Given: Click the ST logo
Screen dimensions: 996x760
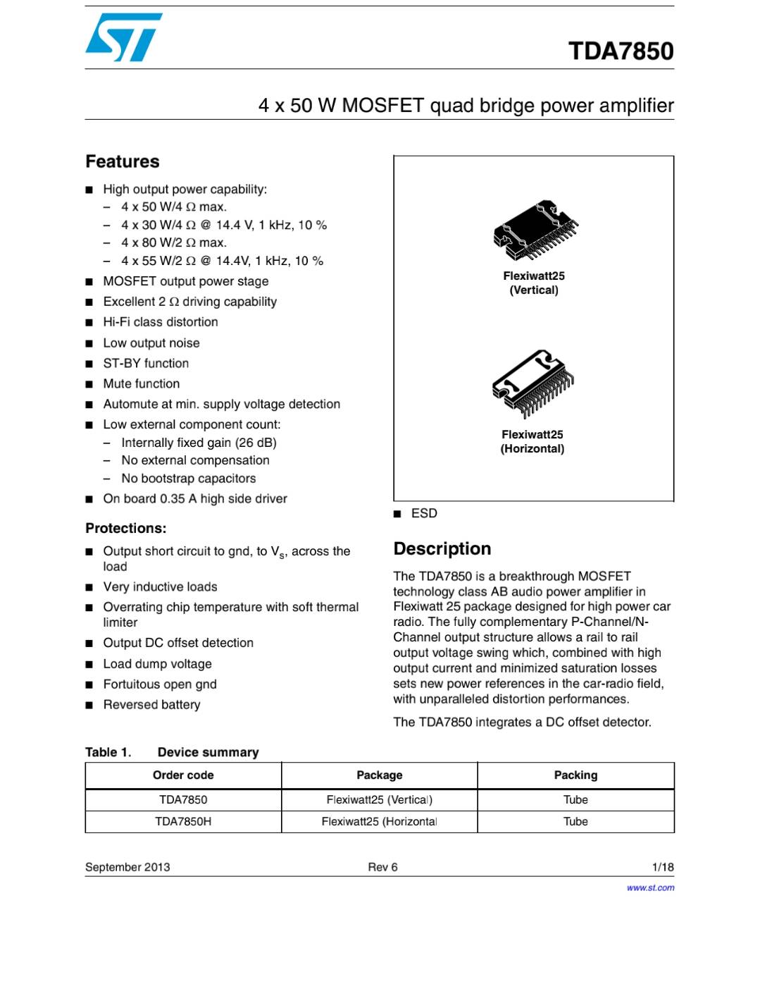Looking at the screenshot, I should pyautogui.click(x=124, y=37).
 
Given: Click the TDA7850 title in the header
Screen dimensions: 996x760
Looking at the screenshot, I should pyautogui.click(x=621, y=51).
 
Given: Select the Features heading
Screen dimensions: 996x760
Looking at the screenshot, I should pyautogui.click(x=123, y=161).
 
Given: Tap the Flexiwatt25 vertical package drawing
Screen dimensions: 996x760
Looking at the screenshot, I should pyautogui.click(x=535, y=231).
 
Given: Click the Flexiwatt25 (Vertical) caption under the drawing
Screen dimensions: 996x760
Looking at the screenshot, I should pyautogui.click(x=534, y=283).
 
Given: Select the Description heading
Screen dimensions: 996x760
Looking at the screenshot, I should pyautogui.click(x=442, y=548).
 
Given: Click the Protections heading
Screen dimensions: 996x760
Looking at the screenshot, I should pyautogui.click(x=126, y=528).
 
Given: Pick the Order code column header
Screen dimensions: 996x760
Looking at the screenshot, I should pyautogui.click(x=183, y=775).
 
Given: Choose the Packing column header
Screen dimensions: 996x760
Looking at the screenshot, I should pyautogui.click(x=575, y=775).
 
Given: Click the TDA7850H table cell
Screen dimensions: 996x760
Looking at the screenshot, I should pyautogui.click(x=183, y=821).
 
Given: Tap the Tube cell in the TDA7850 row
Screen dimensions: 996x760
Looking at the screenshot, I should pyautogui.click(x=575, y=799).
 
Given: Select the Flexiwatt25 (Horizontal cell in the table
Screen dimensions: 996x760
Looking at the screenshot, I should pyautogui.click(x=379, y=821).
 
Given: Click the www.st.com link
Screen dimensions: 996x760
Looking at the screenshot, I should pyautogui.click(x=650, y=887).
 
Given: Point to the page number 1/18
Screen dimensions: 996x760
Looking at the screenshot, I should pyautogui.click(x=663, y=867).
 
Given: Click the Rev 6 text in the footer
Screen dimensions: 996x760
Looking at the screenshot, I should pyautogui.click(x=382, y=867).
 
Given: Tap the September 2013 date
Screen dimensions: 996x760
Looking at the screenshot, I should pyautogui.click(x=127, y=867).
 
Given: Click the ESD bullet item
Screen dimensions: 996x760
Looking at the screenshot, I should pyautogui.click(x=424, y=513).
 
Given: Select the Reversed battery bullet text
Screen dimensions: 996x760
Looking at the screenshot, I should pyautogui.click(x=151, y=704).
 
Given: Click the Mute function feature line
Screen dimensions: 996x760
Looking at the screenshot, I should pyautogui.click(x=142, y=383).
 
